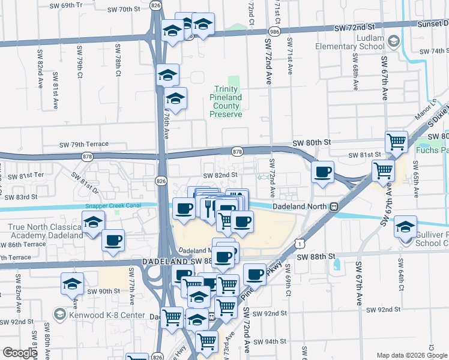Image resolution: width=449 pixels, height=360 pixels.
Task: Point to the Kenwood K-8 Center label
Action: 106,315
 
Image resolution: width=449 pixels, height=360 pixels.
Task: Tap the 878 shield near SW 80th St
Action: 237,151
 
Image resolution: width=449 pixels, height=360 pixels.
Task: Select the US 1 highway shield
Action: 298,242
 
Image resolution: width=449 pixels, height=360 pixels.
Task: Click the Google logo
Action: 20,353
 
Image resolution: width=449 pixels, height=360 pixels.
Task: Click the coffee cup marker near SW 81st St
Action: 323,172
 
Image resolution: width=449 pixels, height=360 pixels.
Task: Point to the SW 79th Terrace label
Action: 83,145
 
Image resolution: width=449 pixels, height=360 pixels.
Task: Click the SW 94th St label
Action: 270,341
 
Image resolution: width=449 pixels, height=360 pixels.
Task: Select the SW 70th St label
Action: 125,10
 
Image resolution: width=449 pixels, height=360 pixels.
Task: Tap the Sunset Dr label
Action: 433,23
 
